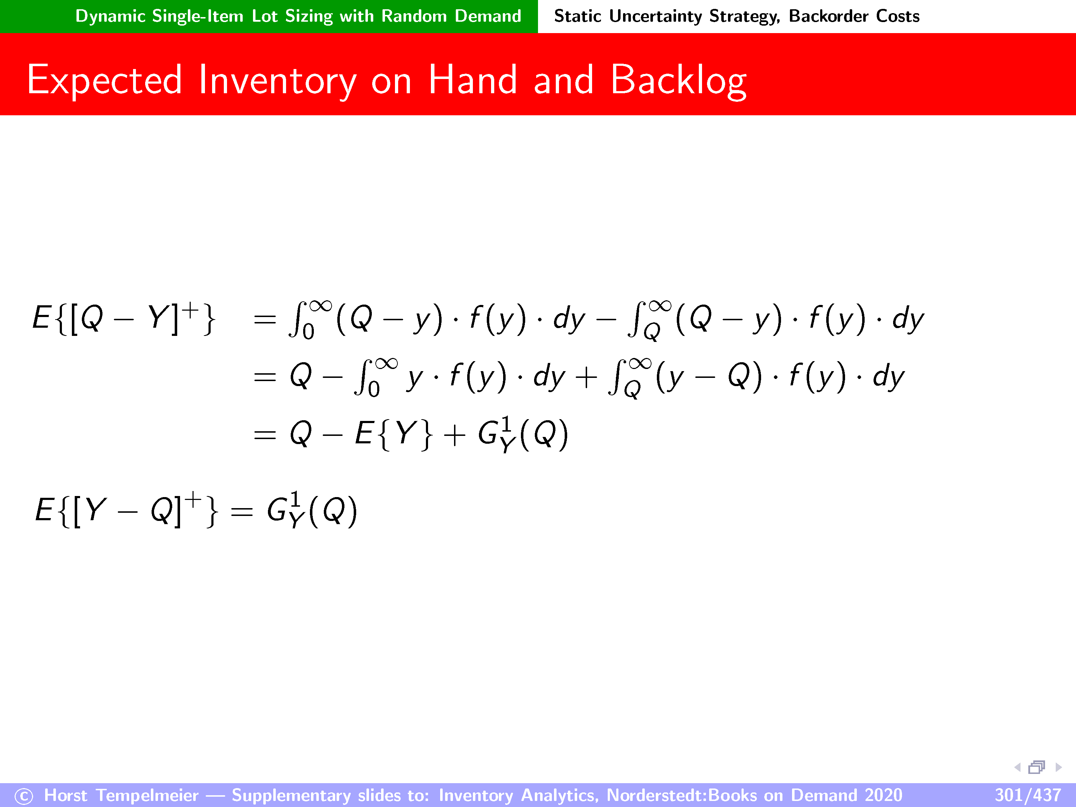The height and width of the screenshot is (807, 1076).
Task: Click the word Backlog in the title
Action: tap(679, 81)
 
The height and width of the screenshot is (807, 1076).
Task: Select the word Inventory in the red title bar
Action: tap(278, 81)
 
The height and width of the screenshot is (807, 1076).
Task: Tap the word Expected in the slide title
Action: tap(105, 80)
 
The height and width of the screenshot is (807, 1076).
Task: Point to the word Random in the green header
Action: tap(414, 16)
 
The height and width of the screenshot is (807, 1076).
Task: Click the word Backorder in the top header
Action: tap(828, 16)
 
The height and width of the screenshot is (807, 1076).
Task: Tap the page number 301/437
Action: tap(1027, 795)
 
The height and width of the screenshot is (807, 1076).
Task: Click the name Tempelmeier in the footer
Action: tap(147, 795)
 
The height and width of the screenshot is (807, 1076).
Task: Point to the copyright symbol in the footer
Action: tap(24, 796)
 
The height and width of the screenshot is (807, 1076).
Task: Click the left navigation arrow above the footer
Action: tap(1017, 767)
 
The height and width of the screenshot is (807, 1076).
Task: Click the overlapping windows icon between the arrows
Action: tap(1037, 767)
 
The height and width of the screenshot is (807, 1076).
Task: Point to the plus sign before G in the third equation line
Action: tap(454, 435)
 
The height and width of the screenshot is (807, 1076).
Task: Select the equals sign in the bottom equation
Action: tap(242, 511)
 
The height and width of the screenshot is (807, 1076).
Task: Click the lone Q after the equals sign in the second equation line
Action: tap(301, 376)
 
